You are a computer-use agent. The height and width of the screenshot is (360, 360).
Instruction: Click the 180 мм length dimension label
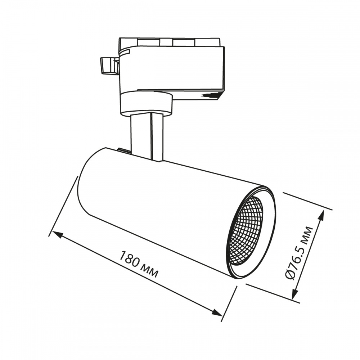pos(139,265)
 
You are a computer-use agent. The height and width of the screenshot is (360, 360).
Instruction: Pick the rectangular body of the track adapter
pos(173,68)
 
